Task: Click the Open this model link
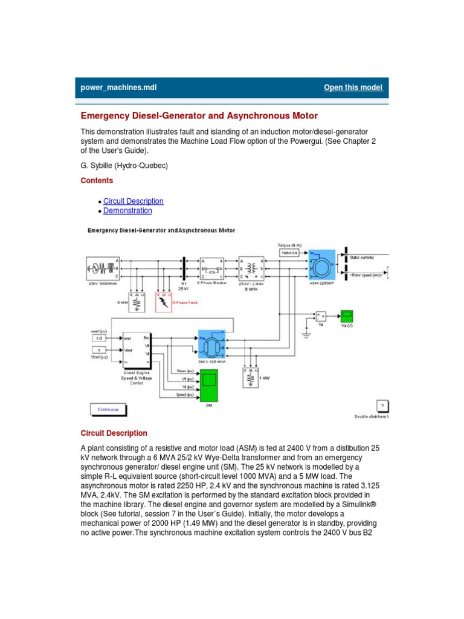(x=353, y=88)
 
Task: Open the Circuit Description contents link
(x=133, y=201)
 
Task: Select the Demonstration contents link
(x=127, y=211)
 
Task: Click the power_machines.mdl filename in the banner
(x=118, y=88)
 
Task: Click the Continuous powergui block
(x=109, y=409)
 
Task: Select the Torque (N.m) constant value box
(x=293, y=253)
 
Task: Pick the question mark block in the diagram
(x=382, y=405)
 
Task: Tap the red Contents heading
(x=97, y=180)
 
